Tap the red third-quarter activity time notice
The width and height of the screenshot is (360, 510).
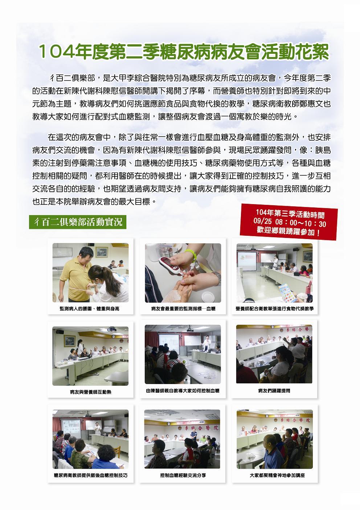(289, 222)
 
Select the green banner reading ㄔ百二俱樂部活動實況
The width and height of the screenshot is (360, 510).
(78, 222)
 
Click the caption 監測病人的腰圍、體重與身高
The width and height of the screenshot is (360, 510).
(90, 309)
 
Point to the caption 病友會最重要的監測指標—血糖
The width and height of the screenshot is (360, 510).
(183, 309)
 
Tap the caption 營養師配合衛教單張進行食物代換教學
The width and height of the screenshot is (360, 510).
(275, 309)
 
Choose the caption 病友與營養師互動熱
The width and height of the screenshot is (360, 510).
(90, 392)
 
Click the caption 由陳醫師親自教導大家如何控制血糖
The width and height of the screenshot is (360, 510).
(183, 391)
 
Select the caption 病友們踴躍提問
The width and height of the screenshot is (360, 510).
(274, 391)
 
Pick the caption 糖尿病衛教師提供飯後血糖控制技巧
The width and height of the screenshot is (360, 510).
(90, 475)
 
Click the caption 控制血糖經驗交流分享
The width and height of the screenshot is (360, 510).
(183, 475)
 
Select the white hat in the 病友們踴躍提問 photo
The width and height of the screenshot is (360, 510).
(297, 349)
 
